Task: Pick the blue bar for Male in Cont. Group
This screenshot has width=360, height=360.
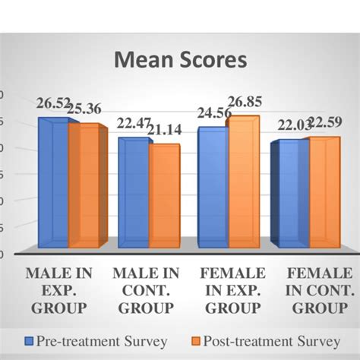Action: pos(133,194)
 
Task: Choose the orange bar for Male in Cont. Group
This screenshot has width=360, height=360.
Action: pos(163,197)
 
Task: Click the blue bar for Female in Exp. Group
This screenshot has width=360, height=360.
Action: pos(212,189)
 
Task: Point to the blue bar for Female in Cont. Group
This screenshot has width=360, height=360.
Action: pos(291,196)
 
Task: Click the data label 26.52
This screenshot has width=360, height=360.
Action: pos(54,104)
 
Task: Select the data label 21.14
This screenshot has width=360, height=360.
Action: pos(165,131)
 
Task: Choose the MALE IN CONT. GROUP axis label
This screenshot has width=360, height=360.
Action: pos(146,290)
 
